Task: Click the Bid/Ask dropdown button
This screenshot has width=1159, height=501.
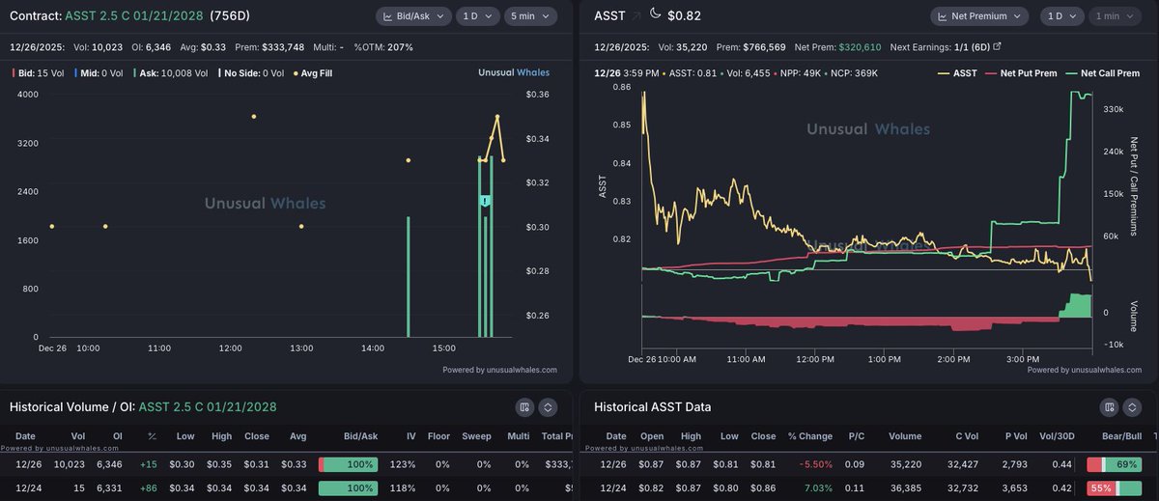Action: pyautogui.click(x=412, y=16)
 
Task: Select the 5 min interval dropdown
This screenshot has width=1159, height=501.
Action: pyautogui.click(x=530, y=16)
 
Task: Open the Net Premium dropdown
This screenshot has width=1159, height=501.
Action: pyautogui.click(x=979, y=16)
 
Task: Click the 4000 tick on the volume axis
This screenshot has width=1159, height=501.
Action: pyautogui.click(x=28, y=94)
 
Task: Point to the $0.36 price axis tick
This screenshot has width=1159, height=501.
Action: pyautogui.click(x=537, y=94)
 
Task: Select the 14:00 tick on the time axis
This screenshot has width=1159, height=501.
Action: pyautogui.click(x=373, y=348)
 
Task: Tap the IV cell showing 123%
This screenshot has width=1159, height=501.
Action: pyautogui.click(x=410, y=465)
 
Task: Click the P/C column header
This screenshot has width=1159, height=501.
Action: pyautogui.click(x=856, y=436)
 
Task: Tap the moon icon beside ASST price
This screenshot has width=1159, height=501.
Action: pyautogui.click(x=656, y=14)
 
